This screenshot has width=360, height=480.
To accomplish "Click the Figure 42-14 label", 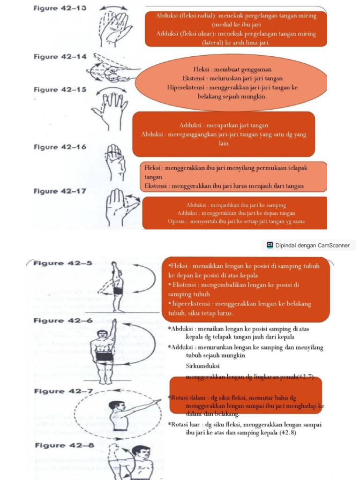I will click(60, 57).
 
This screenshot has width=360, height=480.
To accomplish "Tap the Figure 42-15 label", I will click(60, 90).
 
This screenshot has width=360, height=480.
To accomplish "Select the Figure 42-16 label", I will click(60, 147).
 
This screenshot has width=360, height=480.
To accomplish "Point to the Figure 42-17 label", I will click(60, 191).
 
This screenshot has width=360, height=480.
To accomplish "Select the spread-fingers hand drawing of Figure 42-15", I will click(111, 110).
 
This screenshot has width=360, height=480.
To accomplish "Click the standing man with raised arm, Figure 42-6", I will click(104, 352).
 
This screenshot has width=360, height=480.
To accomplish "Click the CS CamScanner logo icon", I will click(270, 245).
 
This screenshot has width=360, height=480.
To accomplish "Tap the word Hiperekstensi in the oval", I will click(187, 88).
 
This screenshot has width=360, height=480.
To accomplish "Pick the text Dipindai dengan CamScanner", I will click(312, 245).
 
